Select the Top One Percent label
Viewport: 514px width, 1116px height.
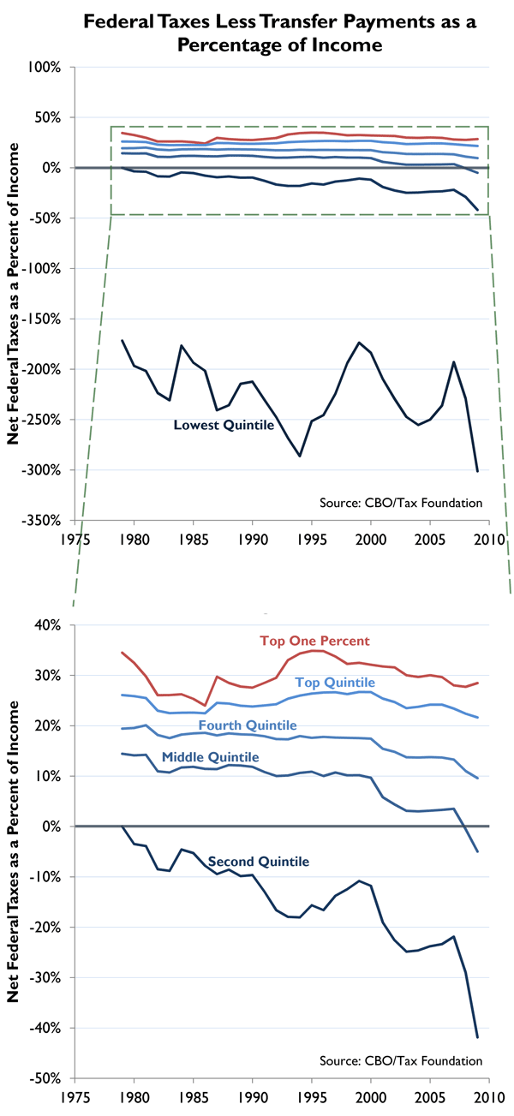pos(314,641)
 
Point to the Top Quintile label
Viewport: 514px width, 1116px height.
pos(335,683)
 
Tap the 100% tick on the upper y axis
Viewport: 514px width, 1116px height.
pos(48,66)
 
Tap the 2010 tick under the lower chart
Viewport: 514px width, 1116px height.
pos(489,1098)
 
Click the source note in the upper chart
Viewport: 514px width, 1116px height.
pos(415,503)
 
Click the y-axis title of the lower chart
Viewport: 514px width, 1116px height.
pos(15,866)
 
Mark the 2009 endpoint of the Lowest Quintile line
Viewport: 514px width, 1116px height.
pos(477,470)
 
